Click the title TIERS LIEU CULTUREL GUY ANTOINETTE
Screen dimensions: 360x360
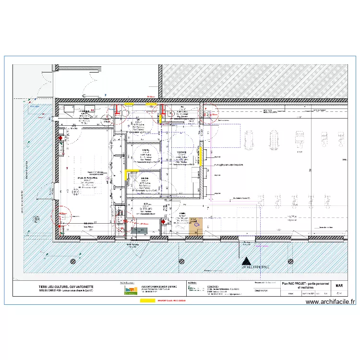(x=70, y=287)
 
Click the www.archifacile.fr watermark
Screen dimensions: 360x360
(x=331, y=302)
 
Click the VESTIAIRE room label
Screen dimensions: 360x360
(x=182, y=150)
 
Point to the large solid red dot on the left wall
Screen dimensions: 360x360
(x=60, y=138)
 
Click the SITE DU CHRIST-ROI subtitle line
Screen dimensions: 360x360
(x=70, y=292)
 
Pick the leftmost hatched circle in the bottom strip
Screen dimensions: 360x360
(x=73, y=261)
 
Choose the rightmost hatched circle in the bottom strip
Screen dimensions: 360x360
(x=290, y=261)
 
